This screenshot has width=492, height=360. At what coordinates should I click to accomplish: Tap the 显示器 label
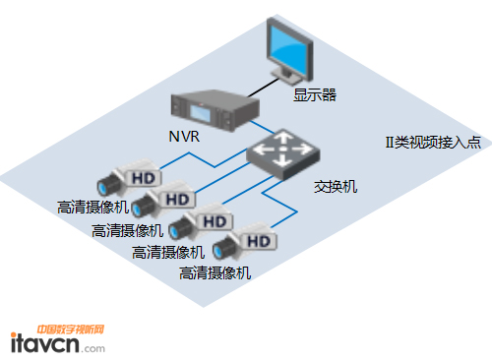[x=315, y=95]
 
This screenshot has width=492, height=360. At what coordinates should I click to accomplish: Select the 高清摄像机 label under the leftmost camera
[x=92, y=208]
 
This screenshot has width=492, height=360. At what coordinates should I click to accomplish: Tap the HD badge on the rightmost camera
[x=257, y=239]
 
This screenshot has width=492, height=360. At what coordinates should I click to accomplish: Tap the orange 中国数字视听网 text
[x=70, y=330]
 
